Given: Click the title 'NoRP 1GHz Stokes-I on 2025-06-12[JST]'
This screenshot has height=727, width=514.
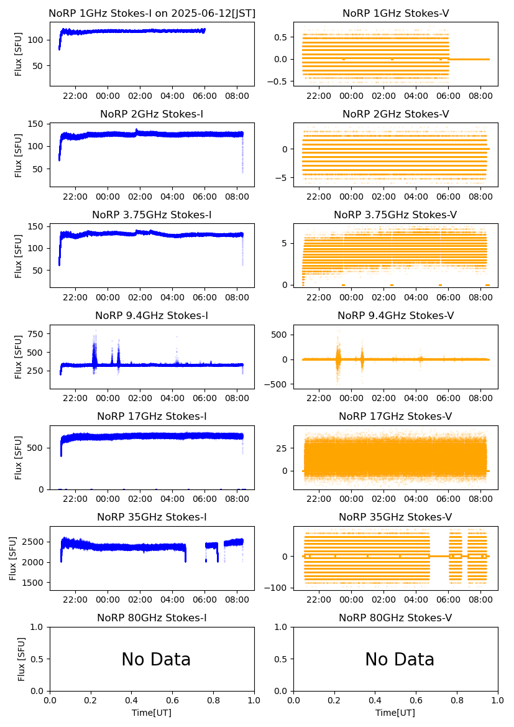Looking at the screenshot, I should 152,13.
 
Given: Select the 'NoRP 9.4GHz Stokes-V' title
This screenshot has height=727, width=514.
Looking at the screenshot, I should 396,315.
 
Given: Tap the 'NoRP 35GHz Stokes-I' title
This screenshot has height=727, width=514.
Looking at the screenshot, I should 152,517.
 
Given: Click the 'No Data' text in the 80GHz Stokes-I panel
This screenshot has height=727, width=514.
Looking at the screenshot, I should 156,659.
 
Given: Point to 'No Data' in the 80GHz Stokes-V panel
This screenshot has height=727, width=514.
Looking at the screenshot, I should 400,659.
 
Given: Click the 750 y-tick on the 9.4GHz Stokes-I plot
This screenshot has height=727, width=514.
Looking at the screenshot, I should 36,334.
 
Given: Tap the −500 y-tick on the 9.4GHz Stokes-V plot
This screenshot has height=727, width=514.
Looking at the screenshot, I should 280,384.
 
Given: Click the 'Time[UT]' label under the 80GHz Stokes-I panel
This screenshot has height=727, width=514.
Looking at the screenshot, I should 152,713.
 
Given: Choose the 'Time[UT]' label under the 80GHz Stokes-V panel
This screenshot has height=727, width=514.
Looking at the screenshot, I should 395,713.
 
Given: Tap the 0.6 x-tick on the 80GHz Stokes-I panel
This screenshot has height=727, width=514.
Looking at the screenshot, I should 172,700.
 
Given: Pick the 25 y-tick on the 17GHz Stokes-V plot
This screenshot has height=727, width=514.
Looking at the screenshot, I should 282,448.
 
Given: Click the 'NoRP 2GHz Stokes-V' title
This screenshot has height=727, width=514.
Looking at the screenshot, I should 396,114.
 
